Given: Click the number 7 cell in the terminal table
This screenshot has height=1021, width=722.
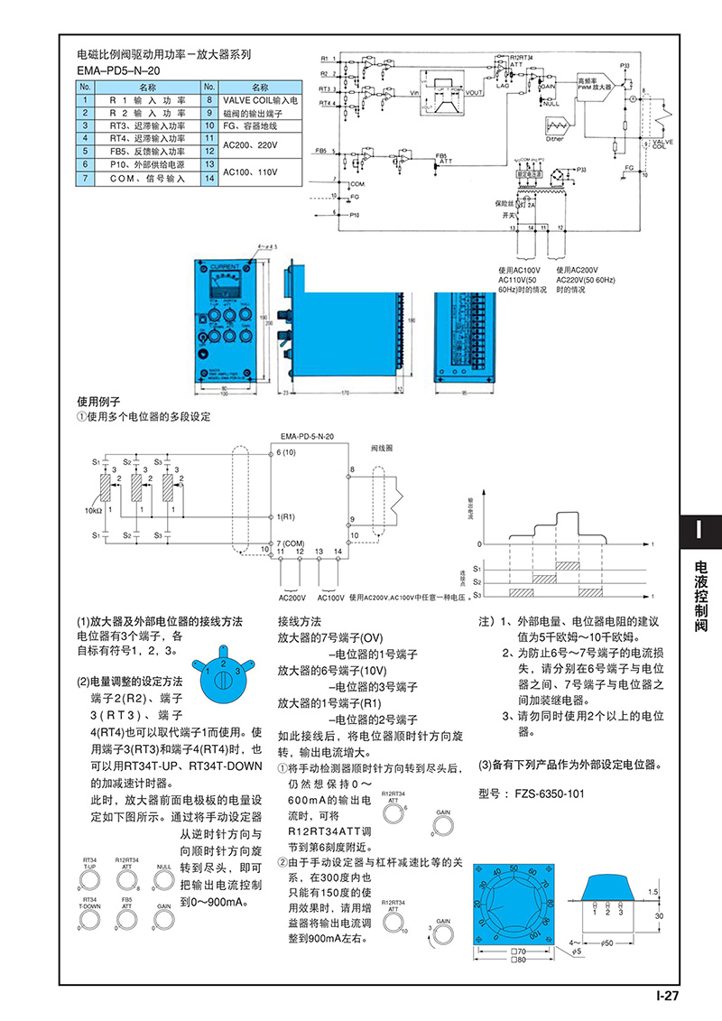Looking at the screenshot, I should [84, 179].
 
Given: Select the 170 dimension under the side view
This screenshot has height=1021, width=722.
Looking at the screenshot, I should [344, 393].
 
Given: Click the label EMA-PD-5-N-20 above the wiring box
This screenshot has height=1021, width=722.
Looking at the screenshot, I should [307, 436].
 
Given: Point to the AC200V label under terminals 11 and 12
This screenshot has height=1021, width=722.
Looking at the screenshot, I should [292, 597].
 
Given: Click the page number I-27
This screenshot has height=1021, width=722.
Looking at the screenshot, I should [666, 997].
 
